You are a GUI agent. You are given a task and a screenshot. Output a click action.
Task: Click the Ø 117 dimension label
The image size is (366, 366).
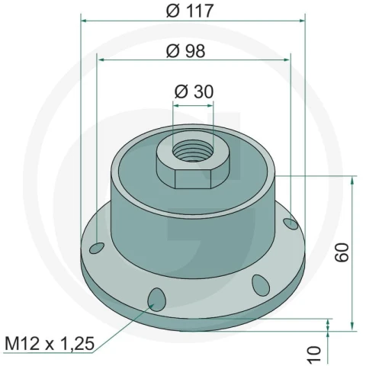(x=189, y=11)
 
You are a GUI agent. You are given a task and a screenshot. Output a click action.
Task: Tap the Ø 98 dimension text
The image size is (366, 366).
(x=185, y=51)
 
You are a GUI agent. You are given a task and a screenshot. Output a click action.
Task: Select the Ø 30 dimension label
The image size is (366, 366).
(x=194, y=91)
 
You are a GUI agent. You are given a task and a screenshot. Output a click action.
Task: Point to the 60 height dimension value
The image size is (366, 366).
(x=342, y=252)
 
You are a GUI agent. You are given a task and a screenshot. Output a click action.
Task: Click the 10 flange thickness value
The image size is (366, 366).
(x=314, y=355)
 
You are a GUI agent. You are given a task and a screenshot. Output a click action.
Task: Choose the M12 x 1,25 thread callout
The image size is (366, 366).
(x=50, y=344)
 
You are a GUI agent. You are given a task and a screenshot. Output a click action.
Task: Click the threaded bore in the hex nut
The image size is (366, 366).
(x=193, y=152)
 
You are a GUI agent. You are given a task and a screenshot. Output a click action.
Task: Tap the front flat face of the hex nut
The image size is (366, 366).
(x=193, y=179)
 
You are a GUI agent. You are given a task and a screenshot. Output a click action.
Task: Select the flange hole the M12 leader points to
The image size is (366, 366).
(x=156, y=300)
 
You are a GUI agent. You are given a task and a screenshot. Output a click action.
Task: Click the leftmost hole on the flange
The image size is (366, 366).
(x=97, y=248)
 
